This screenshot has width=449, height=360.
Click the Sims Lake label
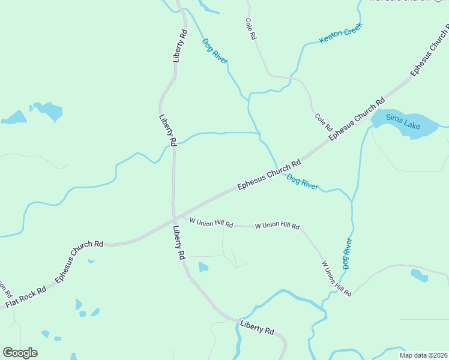pyautogui.click(x=403, y=121)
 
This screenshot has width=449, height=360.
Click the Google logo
pyautogui.click(x=20, y=353)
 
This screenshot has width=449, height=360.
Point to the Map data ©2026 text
pyautogui.click(x=423, y=355)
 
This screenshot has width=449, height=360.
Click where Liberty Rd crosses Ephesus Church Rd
pyautogui.click(x=174, y=218)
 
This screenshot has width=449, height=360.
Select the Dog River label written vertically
pyautogui.click(x=346, y=253)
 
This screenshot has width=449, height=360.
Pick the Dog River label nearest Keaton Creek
pyautogui.click(x=215, y=51)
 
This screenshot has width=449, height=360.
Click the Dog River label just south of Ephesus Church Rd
pyautogui.click(x=302, y=182)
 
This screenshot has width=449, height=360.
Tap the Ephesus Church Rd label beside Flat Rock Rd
pyautogui.click(x=79, y=262)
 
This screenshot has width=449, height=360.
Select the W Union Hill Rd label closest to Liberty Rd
pyautogui.click(x=211, y=222)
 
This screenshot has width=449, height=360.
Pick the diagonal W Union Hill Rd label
pyautogui.click(x=336, y=277)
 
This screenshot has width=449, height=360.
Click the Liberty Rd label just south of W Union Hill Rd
pyautogui.click(x=179, y=242)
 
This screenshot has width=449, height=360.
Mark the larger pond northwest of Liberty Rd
pyautogui.click(x=47, y=111)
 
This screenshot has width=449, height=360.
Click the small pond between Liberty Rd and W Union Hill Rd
pyautogui.click(x=203, y=267)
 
